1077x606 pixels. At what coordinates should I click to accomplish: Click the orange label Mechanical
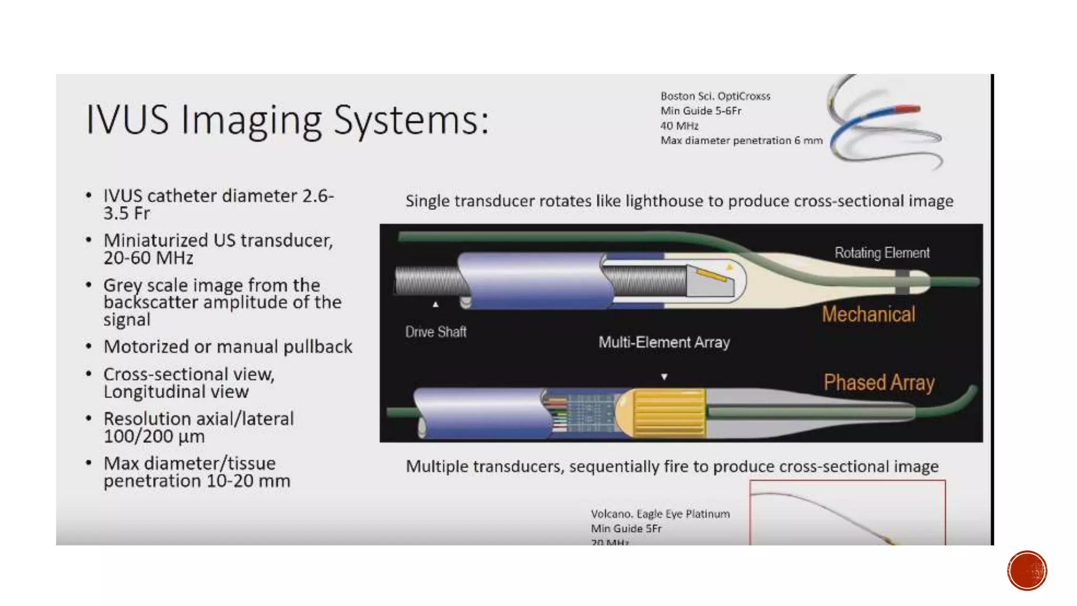tap(868, 314)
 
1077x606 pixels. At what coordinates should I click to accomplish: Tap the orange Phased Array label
tap(879, 382)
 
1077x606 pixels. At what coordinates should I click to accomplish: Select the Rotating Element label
tap(882, 253)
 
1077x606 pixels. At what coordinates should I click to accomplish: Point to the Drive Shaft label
tap(435, 332)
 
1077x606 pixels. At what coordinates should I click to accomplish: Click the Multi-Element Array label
tap(664, 342)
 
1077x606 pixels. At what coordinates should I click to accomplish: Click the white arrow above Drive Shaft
tap(435, 305)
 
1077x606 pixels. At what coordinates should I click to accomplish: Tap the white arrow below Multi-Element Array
tap(664, 377)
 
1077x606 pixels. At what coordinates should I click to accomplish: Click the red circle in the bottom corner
tap(1027, 570)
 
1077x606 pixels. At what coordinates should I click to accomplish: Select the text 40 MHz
tap(679, 126)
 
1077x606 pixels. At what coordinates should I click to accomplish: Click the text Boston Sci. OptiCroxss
tap(715, 96)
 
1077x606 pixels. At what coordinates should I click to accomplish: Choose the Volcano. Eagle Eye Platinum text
tap(660, 513)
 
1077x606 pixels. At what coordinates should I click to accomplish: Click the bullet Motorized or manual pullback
tap(228, 347)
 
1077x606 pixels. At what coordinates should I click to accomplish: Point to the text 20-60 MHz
tap(148, 258)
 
